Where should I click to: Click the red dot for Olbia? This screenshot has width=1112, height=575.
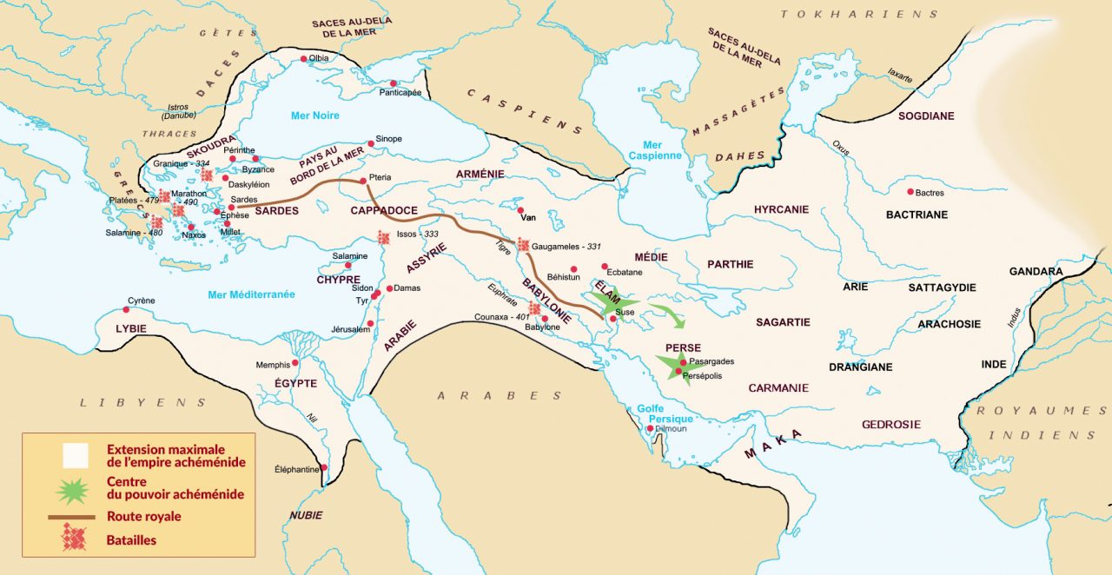coord(303,59)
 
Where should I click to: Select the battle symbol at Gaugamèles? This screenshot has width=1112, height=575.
coord(523,246)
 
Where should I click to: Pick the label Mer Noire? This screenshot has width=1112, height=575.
coord(314,116)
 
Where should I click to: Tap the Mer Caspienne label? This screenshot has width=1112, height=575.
coord(652,151)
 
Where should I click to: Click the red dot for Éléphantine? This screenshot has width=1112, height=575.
coord(324,468)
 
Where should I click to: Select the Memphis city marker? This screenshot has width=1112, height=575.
coord(295,363)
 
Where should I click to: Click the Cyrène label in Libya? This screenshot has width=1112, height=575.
coord(141,301)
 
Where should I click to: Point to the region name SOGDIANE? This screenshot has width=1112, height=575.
coord(926,116)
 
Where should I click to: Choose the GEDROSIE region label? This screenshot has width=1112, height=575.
coord(890,425)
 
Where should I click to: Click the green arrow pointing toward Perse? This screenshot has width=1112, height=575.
coord(669,314)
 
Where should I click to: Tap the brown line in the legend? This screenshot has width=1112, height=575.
coord(71,517)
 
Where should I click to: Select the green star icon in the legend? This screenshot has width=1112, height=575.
coord(71,490)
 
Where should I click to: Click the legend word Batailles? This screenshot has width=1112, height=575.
coord(132,539)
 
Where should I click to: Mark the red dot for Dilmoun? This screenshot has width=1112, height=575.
coord(650,428)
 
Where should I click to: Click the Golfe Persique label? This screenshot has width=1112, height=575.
coord(665,413)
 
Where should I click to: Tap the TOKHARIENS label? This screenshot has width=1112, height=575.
coord(859,14)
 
